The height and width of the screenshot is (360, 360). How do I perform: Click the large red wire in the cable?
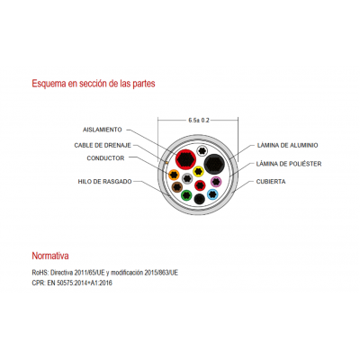click(185, 159)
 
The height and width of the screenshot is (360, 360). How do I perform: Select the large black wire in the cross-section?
click(214, 164)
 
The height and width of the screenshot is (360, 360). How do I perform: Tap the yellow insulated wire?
click(198, 172)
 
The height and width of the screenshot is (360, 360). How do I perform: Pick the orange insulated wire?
click(174, 175)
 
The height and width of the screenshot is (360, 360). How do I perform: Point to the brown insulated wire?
click(177, 187)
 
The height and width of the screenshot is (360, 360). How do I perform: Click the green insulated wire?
click(186, 195)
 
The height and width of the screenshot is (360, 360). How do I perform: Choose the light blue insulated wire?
click(212, 194)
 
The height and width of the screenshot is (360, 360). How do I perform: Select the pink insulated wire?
click(216, 182)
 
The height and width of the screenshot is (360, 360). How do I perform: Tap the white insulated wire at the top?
click(202, 150)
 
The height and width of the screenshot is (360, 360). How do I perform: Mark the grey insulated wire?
click(187, 179)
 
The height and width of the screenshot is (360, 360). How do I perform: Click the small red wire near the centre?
click(200, 185)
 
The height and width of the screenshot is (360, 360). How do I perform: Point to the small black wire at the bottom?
click(200, 199)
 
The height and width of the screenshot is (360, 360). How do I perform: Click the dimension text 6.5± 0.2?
click(199, 121)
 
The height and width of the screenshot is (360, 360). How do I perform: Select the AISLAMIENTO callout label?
click(103, 130)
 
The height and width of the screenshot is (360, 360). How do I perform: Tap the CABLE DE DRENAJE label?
click(103, 145)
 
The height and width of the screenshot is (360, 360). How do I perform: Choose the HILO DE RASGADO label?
click(104, 182)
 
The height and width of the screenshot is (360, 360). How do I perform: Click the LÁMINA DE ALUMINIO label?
click(287, 145)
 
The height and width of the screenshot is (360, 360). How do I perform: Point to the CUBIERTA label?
click(271, 182)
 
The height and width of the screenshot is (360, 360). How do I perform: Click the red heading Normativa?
click(50, 256)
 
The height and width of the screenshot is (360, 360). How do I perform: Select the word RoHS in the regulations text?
click(40, 273)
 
